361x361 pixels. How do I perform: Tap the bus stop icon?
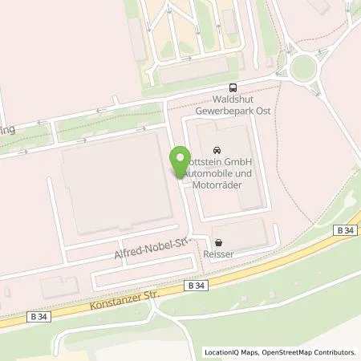[x=233, y=88]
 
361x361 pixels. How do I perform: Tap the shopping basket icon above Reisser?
[x=217, y=241]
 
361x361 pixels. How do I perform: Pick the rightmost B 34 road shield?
[x=344, y=229]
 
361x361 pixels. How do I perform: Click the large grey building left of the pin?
[x=112, y=185]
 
